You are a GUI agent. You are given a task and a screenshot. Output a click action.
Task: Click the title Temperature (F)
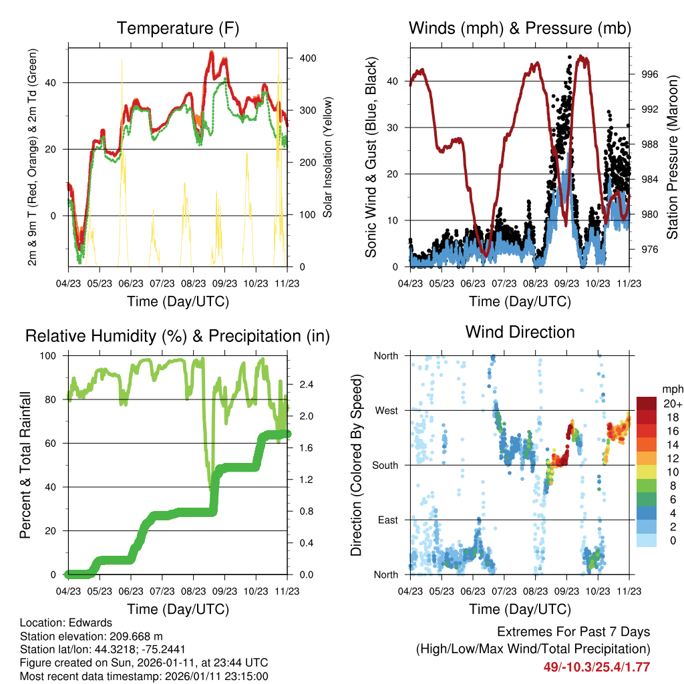[178, 29]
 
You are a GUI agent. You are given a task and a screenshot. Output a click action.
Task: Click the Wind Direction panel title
[520, 332]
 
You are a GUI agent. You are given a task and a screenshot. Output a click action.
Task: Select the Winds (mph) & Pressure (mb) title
[520, 29]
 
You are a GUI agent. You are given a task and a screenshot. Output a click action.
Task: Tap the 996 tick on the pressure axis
[650, 75]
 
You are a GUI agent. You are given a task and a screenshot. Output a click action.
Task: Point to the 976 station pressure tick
[650, 249]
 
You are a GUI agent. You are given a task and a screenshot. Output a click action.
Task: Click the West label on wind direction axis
[386, 410]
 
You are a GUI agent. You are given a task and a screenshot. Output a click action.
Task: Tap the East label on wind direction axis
[387, 520]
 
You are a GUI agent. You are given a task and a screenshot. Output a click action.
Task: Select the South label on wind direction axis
[385, 465]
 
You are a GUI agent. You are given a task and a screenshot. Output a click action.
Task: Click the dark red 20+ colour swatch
[647, 403]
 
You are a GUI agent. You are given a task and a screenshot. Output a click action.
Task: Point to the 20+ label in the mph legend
[670, 403]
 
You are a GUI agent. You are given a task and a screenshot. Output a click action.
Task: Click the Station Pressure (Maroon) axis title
[672, 157]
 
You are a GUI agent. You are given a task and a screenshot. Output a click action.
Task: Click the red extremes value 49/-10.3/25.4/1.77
[596, 667]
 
